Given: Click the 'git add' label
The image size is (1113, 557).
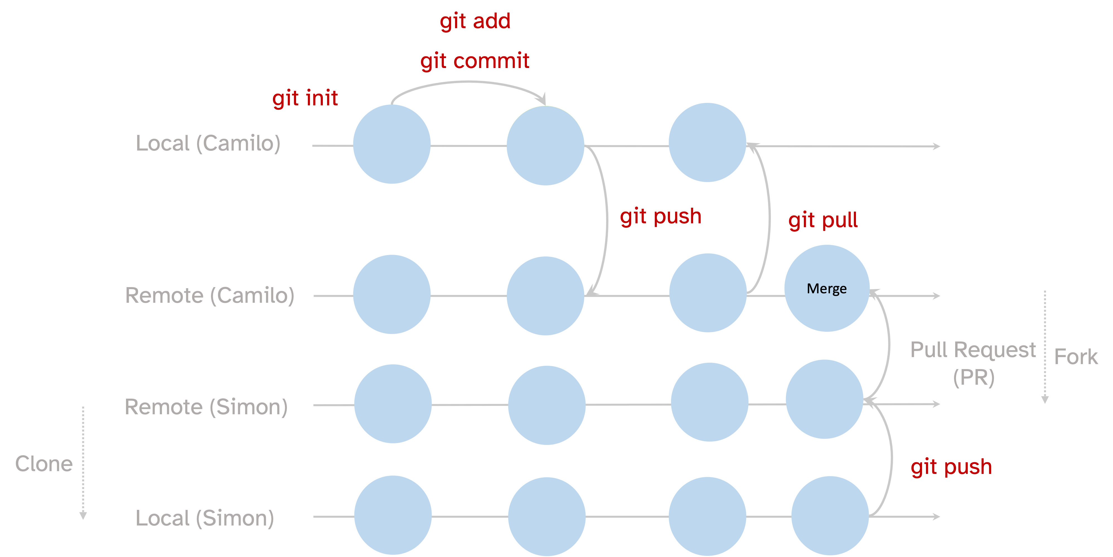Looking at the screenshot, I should pyautogui.click(x=475, y=21).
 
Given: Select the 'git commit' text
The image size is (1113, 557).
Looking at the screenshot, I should pyautogui.click(x=475, y=60).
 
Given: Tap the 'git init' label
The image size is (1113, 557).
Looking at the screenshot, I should pyautogui.click(x=305, y=98).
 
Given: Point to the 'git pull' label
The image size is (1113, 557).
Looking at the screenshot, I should pyautogui.click(x=823, y=221).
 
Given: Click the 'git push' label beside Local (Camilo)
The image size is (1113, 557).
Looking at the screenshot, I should pyautogui.click(x=660, y=216).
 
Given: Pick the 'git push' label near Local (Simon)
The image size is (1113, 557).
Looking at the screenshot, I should pyautogui.click(x=951, y=467).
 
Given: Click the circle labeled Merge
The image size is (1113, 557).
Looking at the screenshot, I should pyautogui.click(x=827, y=288).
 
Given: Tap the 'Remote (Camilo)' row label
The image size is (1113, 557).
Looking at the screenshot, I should pyautogui.click(x=210, y=296).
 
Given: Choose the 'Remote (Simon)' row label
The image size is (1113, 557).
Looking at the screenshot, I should pyautogui.click(x=206, y=407).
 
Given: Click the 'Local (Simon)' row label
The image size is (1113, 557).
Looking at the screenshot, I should pyautogui.click(x=205, y=518).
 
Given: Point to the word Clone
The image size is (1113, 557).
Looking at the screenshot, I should pyautogui.click(x=44, y=464).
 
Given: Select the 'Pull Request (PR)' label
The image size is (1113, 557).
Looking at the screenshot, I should pyautogui.click(x=973, y=363).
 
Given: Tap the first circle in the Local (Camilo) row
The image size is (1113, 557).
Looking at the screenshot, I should pyautogui.click(x=391, y=144).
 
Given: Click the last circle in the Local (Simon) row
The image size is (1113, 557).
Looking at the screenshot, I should pyautogui.click(x=829, y=515).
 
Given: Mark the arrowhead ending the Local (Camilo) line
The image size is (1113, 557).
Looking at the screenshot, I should pyautogui.click(x=937, y=146).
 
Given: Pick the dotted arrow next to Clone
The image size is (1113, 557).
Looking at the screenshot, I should pyautogui.click(x=83, y=462).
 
